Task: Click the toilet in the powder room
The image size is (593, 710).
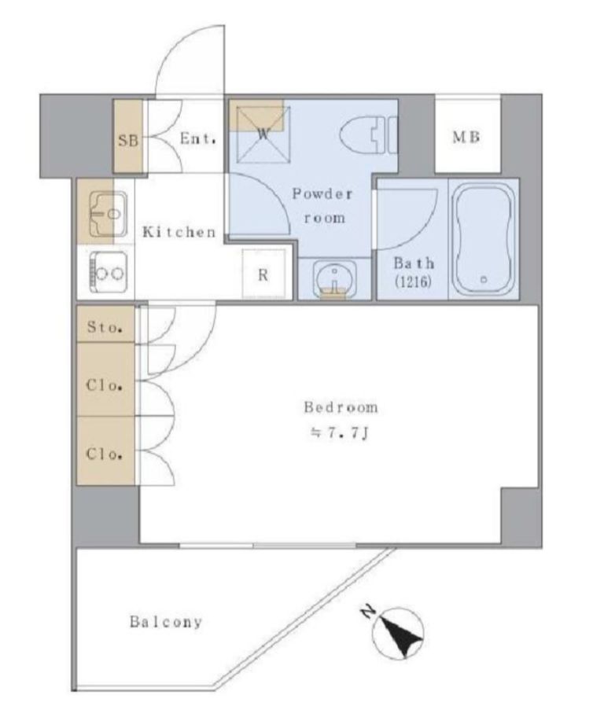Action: click(x=368, y=135)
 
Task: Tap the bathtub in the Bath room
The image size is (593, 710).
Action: click(x=484, y=238)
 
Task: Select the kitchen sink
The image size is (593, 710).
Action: click(x=109, y=214)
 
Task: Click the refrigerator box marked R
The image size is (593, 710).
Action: click(x=263, y=274)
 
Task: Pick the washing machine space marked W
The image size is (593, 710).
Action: click(x=263, y=134)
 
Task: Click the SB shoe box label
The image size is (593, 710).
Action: click(x=128, y=141)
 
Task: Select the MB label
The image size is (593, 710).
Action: click(x=466, y=137)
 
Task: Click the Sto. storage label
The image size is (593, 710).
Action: click(x=105, y=326)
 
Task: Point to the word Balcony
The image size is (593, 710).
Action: click(x=166, y=622)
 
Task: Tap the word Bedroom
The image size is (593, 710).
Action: click(x=341, y=407)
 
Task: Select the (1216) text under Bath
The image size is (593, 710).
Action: click(x=413, y=282)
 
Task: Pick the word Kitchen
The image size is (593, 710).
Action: click(x=179, y=232)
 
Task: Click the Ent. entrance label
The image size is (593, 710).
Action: click(x=197, y=138)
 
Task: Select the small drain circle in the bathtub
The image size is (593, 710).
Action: click(x=484, y=279)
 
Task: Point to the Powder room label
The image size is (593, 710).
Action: click(x=322, y=206)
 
